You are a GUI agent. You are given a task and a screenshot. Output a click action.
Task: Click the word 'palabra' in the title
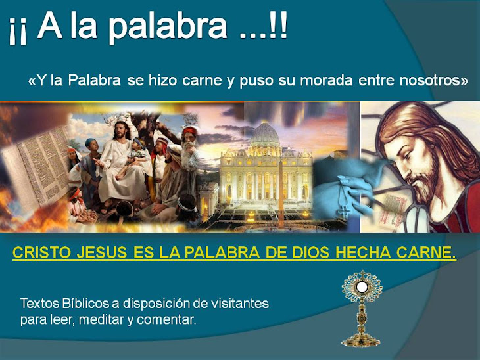(157, 28)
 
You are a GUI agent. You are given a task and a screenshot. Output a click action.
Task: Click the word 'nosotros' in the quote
(430, 81)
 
